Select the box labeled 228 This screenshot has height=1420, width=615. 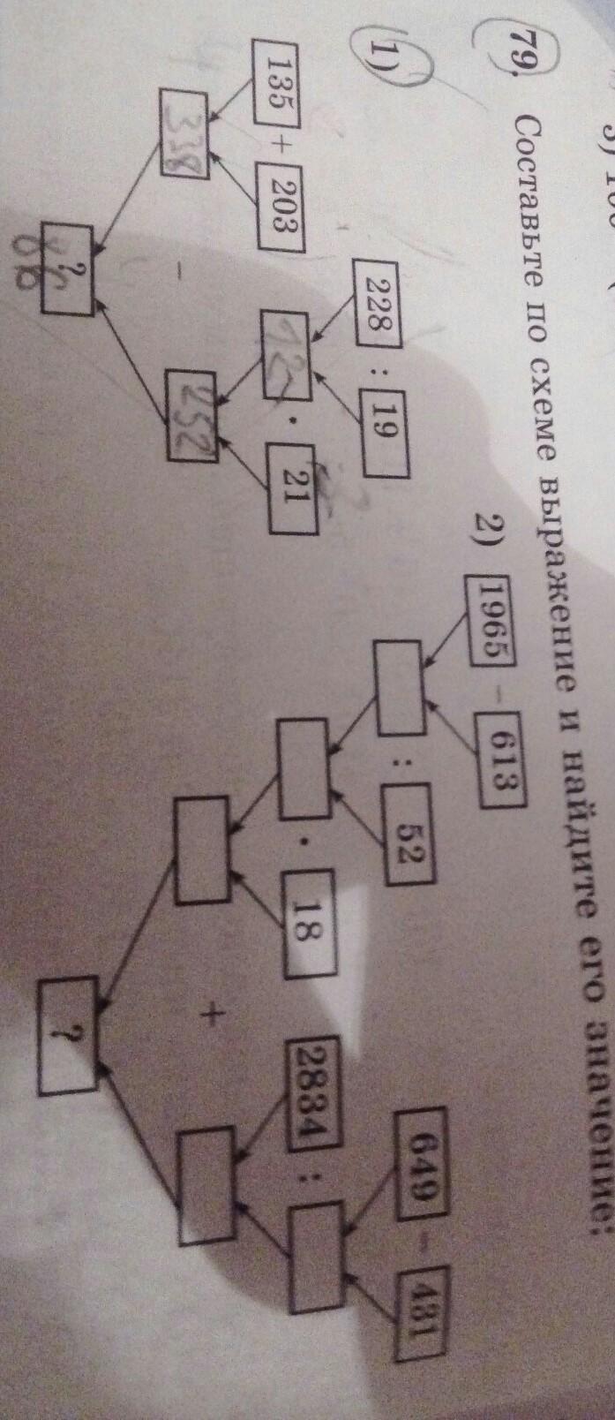coord(377,287)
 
